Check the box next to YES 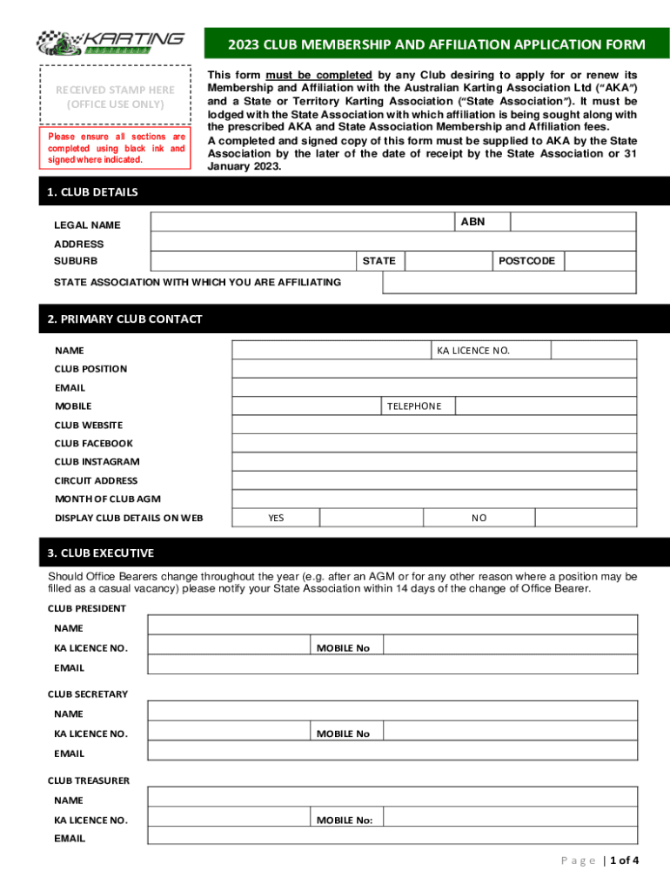click(x=371, y=518)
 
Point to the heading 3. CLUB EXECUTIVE click(x=101, y=553)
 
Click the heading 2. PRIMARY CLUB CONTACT click(x=125, y=318)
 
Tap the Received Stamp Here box click(x=115, y=96)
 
